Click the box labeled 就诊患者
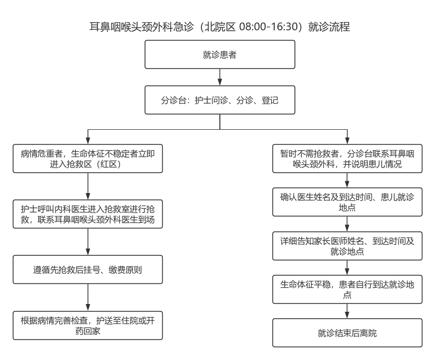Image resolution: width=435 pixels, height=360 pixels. click(220, 54)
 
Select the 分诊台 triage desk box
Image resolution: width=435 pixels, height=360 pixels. click(220, 99)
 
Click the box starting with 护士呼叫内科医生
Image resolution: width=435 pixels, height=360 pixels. click(87, 213)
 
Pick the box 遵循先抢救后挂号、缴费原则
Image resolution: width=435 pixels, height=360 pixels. click(87, 271)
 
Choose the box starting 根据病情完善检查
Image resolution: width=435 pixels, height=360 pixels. click(87, 326)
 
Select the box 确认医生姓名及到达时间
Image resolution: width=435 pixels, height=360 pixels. click(347, 202)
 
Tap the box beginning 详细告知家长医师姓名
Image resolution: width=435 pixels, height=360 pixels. click(347, 246)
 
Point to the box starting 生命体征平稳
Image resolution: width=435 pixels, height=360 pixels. click(347, 289)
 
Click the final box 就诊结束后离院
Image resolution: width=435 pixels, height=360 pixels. click(347, 333)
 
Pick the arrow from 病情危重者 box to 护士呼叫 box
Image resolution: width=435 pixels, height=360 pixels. click(87, 186)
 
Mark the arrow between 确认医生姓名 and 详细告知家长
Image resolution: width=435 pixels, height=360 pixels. click(347, 224)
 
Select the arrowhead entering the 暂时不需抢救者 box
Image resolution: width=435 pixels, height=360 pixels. click(347, 142)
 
